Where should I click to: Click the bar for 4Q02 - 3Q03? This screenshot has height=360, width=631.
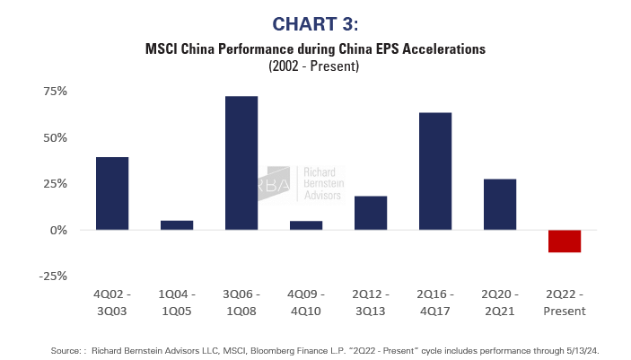[x=112, y=193]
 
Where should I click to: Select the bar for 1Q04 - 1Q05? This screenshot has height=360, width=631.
[x=177, y=224]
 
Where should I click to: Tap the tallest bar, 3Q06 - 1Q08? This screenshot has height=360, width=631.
[x=241, y=162]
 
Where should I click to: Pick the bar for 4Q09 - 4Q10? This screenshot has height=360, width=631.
[x=306, y=224]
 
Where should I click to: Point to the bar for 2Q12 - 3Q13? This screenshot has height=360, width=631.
[x=371, y=213]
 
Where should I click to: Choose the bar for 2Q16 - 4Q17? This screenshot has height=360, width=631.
[x=435, y=171]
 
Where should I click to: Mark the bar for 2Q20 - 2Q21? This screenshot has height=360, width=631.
[x=500, y=204]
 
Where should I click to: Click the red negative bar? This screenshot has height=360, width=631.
[x=565, y=241]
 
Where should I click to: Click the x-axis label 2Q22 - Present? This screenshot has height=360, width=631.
[x=565, y=303]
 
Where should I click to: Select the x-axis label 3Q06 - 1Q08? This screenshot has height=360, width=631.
[x=241, y=303]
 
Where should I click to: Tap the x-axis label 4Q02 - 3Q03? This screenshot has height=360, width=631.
[x=112, y=303]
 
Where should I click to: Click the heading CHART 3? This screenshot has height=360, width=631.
[x=315, y=22]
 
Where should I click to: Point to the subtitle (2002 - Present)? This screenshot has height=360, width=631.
[x=315, y=66]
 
